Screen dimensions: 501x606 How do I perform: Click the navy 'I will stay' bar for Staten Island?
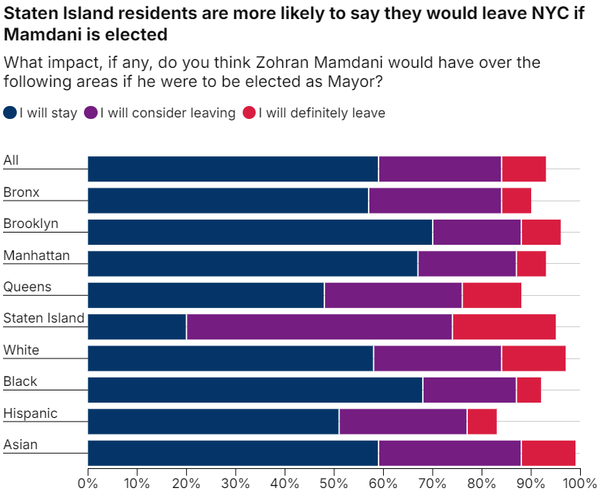tap(137, 326)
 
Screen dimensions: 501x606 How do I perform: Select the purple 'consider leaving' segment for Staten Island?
tap(319, 326)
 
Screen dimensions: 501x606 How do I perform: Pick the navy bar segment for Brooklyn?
tap(260, 232)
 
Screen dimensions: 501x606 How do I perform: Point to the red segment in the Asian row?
tap(548, 452)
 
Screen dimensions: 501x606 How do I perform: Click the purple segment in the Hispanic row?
tap(402, 421)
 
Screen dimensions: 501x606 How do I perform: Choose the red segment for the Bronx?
tap(516, 201)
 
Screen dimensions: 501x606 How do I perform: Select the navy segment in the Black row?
tap(255, 390)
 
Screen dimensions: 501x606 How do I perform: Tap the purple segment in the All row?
tap(440, 169)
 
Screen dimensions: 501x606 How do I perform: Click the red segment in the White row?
tap(533, 358)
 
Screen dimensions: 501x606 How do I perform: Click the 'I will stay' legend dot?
tap(10, 114)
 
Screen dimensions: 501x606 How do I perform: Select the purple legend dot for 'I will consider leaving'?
tap(91, 114)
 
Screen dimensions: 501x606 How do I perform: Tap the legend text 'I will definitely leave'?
tap(321, 114)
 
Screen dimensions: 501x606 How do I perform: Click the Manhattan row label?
tap(36, 255)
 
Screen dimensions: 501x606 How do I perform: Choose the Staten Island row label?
tap(44, 319)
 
